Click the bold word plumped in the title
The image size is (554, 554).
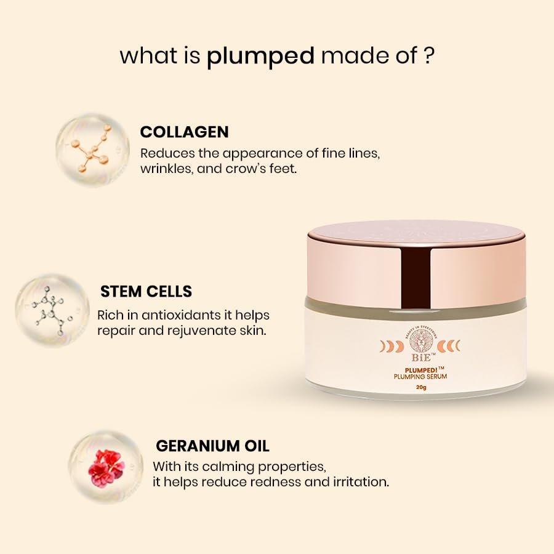click(260, 56)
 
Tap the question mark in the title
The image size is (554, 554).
click(430, 55)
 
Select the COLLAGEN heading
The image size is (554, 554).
click(184, 132)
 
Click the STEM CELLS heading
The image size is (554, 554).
click(146, 291)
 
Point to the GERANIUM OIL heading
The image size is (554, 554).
click(212, 445)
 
